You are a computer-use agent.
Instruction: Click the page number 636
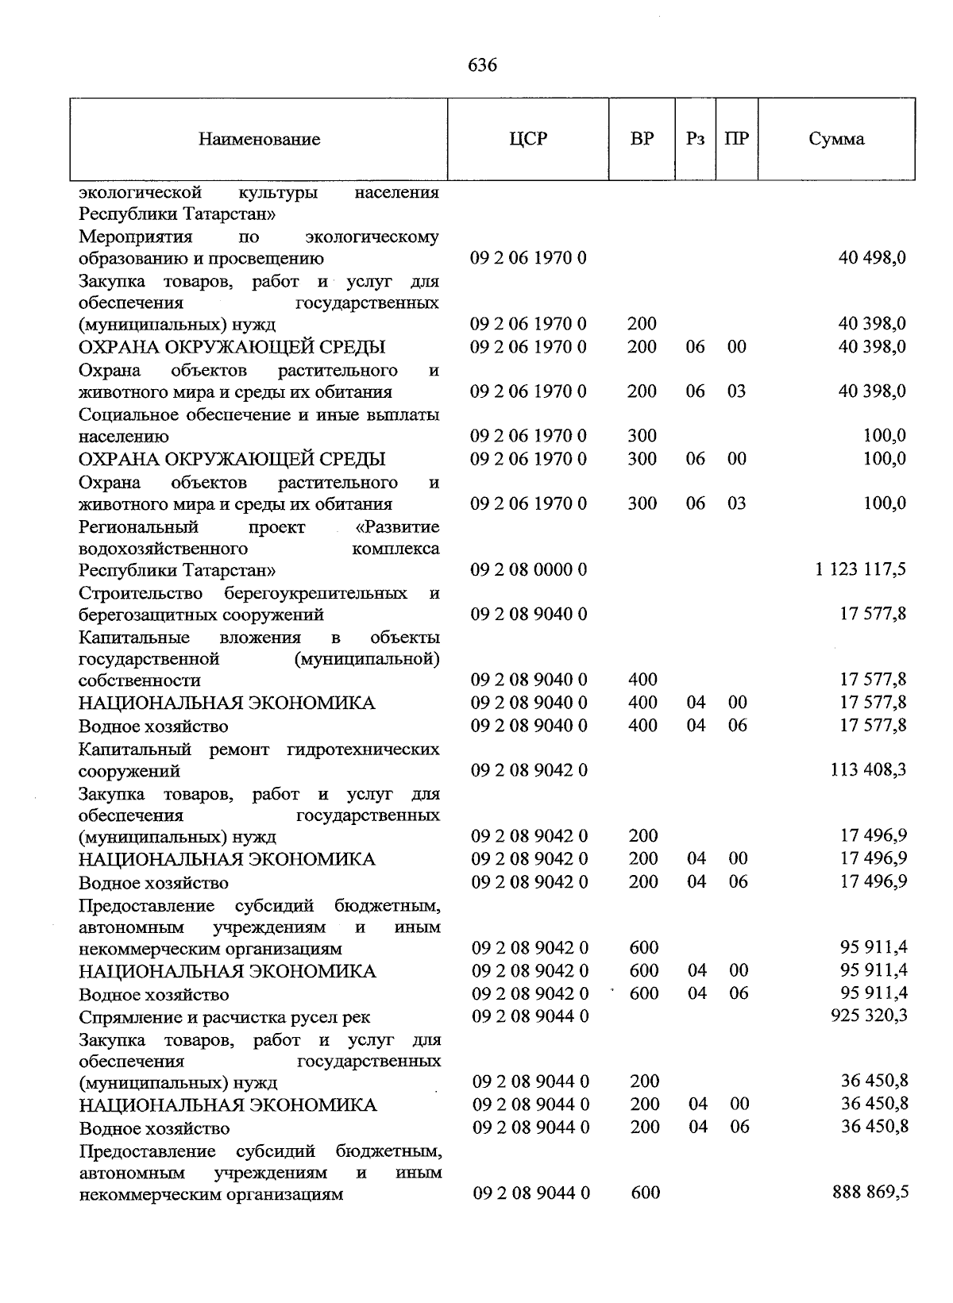click(x=482, y=65)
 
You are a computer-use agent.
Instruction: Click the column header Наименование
click(x=260, y=140)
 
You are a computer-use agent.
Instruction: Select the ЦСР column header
click(x=528, y=139)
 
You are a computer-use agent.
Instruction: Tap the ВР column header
click(x=642, y=139)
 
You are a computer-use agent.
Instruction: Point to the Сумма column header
click(x=836, y=139)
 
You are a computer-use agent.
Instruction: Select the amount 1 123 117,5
click(x=860, y=569)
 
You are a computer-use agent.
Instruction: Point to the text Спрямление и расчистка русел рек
click(x=224, y=1017)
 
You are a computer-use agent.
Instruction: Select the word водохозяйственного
click(x=163, y=549)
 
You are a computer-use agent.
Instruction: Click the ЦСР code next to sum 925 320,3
click(x=531, y=1016)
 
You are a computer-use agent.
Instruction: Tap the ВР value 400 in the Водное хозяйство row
click(x=642, y=725)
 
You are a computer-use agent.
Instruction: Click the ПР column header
click(x=736, y=139)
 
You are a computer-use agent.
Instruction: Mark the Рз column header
click(x=695, y=139)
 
